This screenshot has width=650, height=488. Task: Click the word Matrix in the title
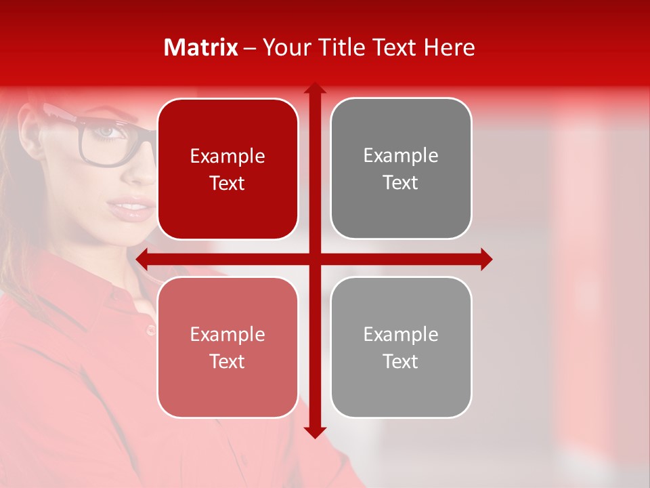[x=201, y=47]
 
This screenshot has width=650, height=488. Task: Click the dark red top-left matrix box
[x=227, y=169]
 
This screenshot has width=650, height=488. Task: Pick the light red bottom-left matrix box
[x=227, y=347]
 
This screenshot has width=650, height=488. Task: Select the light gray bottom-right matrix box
[x=401, y=347]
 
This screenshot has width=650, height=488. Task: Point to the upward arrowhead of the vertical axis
[x=315, y=88]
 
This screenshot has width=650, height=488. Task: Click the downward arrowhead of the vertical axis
[x=315, y=432]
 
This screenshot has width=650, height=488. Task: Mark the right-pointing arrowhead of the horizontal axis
[x=486, y=259]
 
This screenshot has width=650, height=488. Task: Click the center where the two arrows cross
[x=315, y=259]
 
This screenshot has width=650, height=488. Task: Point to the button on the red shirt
[x=151, y=330]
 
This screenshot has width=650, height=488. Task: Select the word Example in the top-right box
[x=401, y=155]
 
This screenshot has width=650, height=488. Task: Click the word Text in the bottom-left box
[x=227, y=361]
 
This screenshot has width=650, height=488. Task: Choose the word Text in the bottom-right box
[x=401, y=361]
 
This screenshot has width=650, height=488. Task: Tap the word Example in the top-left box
[x=227, y=156]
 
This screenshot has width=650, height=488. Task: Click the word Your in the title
[x=283, y=47]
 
